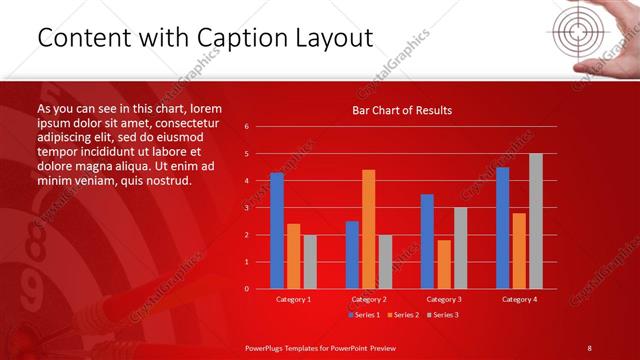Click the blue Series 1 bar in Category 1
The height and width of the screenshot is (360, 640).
point(277,231)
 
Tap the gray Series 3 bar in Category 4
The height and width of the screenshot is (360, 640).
point(535,221)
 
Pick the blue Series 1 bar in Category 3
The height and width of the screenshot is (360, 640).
point(427,241)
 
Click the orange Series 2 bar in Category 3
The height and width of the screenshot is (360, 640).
point(443,264)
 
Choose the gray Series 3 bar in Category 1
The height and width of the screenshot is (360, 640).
point(310,262)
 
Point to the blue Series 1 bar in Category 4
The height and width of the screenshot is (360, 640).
point(502,228)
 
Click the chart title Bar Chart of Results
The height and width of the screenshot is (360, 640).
point(402,110)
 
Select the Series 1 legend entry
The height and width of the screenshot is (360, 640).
point(363,315)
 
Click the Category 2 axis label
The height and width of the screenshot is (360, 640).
point(368,299)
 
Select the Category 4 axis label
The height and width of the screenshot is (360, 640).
point(518,299)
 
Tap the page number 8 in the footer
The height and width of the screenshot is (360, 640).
point(589,347)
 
